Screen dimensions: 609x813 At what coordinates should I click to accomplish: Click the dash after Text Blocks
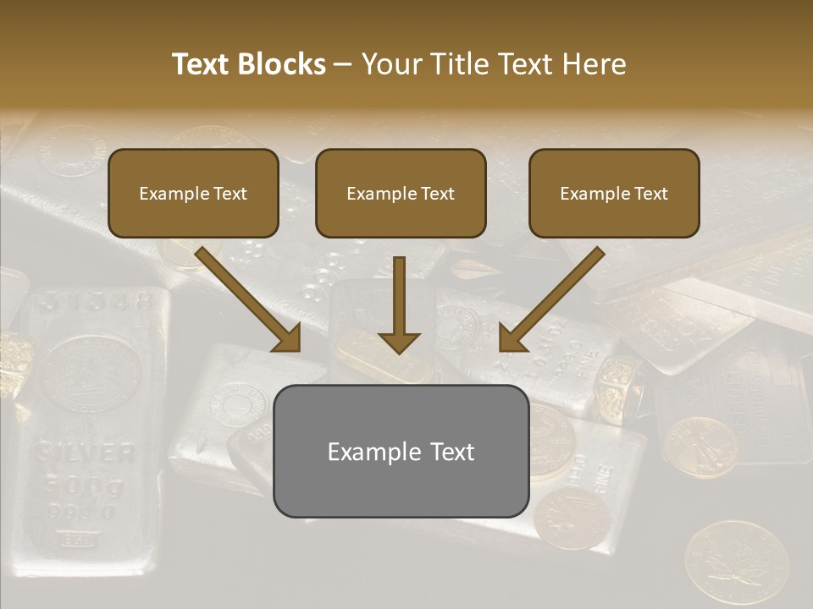coord(343,65)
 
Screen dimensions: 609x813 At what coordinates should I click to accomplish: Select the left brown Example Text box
coord(193,193)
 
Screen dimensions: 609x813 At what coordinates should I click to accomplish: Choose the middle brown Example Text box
coord(401,193)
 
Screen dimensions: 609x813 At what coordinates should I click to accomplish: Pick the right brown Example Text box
coord(614,193)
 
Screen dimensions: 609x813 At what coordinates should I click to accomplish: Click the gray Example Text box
coord(401,451)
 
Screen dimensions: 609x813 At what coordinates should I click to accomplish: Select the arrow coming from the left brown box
coord(250,300)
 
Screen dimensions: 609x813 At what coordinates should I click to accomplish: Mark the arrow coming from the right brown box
coord(550,300)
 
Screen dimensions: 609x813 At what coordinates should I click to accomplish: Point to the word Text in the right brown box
coord(651,194)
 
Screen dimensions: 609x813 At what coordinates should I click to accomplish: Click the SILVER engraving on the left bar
coord(86,453)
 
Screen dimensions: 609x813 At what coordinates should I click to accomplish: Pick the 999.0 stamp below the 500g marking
coord(85,513)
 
